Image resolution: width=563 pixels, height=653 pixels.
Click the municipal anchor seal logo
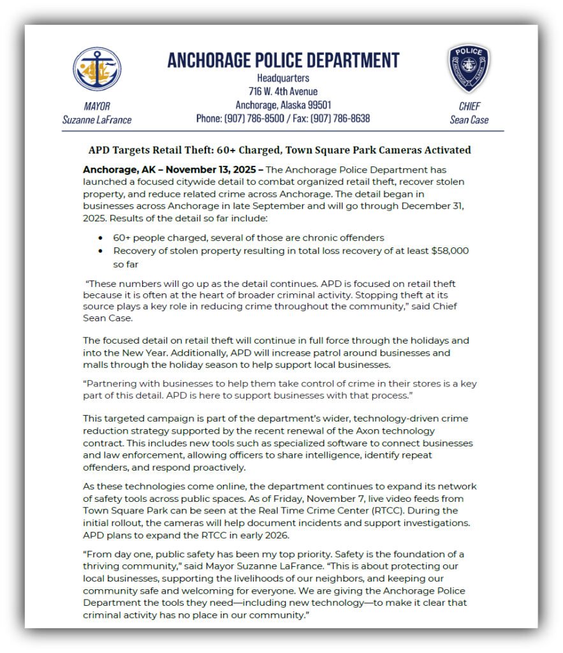[97, 69]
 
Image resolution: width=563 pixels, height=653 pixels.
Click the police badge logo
[468, 68]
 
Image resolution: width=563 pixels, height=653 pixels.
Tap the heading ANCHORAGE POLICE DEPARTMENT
[283, 61]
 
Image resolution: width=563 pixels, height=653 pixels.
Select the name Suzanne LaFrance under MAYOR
[97, 119]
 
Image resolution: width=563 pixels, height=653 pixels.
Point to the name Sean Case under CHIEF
[469, 119]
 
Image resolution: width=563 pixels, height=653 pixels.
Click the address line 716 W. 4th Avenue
[283, 91]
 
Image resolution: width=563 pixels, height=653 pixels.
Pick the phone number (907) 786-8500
[250, 118]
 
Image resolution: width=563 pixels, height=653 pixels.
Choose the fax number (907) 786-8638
[341, 118]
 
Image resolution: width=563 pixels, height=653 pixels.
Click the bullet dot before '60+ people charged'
[101, 238]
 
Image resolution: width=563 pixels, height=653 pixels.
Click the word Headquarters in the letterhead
[283, 78]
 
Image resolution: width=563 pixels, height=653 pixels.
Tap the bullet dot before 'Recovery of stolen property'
[101, 251]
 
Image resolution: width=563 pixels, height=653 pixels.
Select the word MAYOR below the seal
[97, 106]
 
